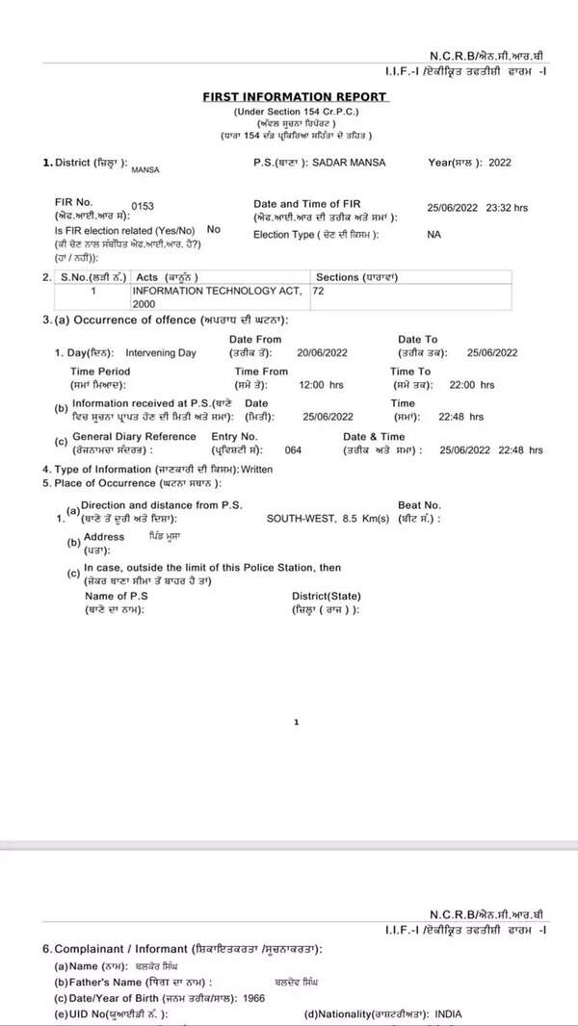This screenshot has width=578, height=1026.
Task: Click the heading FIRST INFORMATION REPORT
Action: click(x=295, y=97)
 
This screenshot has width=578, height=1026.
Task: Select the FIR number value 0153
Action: click(x=143, y=207)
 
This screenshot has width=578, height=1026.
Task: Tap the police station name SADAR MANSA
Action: click(x=345, y=163)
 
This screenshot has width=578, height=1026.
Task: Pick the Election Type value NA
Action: click(x=433, y=234)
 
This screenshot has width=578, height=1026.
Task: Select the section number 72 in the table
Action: click(x=319, y=290)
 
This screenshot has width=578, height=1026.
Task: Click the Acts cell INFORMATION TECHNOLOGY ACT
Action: click(x=217, y=290)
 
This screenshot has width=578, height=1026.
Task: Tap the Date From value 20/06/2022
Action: click(x=323, y=353)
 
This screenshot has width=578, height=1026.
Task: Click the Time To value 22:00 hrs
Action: click(x=473, y=385)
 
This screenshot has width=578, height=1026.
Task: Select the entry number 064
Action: click(x=294, y=449)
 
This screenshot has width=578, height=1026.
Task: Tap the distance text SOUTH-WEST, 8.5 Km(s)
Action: click(x=328, y=519)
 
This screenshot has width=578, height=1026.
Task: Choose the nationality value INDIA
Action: click(x=454, y=1013)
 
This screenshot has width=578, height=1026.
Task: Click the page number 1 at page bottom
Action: click(x=297, y=722)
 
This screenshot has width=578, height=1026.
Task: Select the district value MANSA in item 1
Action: click(x=145, y=169)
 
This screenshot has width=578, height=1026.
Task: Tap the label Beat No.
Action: click(x=419, y=505)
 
